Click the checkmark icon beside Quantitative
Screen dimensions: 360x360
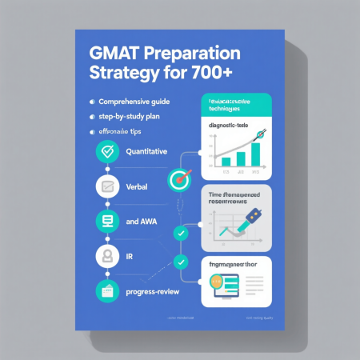(x=106, y=152)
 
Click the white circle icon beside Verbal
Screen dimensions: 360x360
(x=106, y=187)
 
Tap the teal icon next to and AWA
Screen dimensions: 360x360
(x=106, y=221)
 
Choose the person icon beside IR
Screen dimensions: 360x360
(x=106, y=256)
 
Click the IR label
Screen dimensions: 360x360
(x=131, y=256)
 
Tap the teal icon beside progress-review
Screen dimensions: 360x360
(x=106, y=290)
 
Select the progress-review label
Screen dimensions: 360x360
(x=152, y=291)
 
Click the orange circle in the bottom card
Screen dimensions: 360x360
(x=216, y=282)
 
